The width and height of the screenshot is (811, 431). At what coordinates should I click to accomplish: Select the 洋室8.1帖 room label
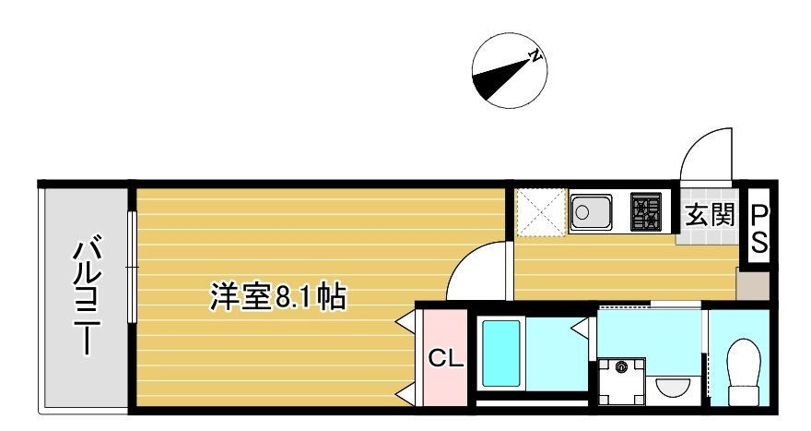[x=277, y=297]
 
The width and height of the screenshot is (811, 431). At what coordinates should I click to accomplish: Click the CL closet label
[x=446, y=358]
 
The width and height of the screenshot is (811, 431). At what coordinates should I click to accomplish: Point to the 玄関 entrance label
[x=709, y=216]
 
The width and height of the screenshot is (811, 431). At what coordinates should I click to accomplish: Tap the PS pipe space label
[x=759, y=229]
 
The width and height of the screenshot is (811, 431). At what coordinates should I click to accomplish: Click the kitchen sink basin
[x=591, y=212]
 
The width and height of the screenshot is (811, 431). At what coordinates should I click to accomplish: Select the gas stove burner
[x=645, y=212]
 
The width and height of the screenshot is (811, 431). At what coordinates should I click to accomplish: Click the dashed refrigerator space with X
[x=541, y=212]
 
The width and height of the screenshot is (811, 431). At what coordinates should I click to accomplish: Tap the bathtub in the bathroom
[x=500, y=353]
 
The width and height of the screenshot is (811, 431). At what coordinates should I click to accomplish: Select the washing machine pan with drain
[x=622, y=382]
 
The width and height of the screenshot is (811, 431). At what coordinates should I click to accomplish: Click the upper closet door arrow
[x=405, y=322]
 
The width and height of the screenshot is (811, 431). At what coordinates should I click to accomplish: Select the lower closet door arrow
[x=405, y=396]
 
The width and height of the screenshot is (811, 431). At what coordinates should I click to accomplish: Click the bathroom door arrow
[x=582, y=328]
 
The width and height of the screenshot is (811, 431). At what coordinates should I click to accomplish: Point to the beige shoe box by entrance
[x=754, y=284]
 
